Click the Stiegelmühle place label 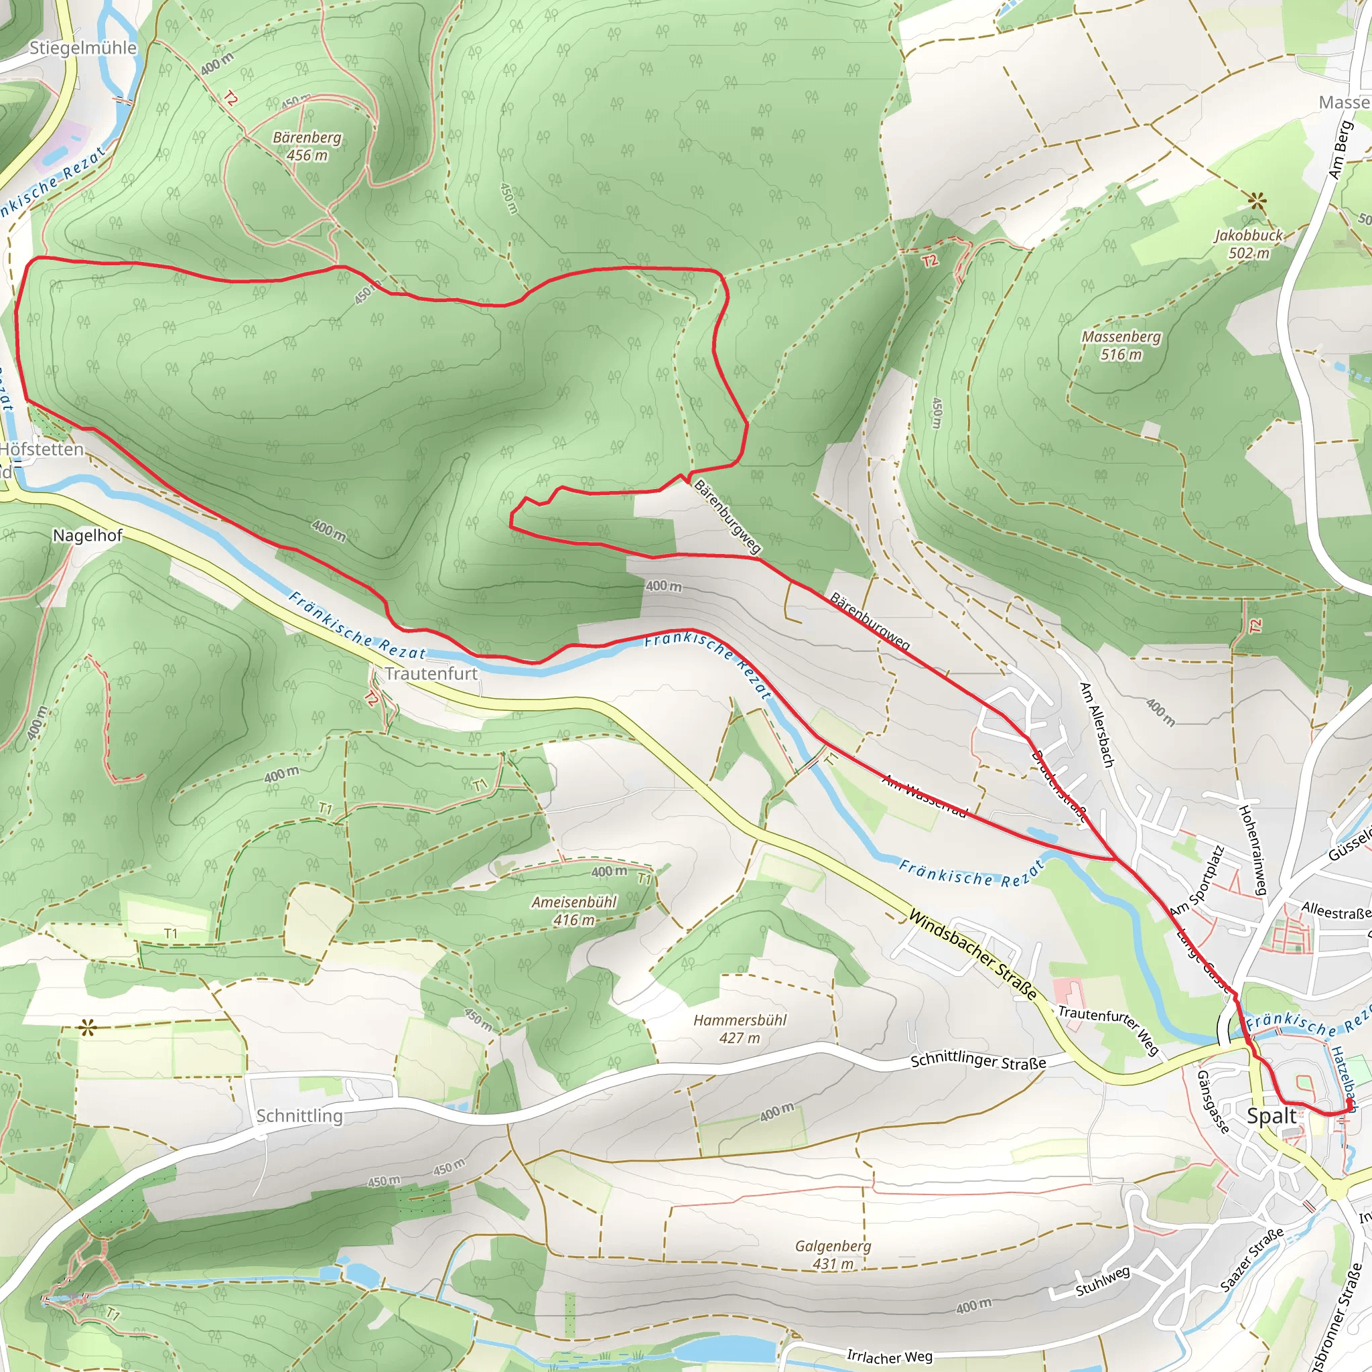82,48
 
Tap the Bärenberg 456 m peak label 307,146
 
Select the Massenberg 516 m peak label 1121,345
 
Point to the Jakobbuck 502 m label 1249,244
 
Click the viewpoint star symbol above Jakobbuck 1257,202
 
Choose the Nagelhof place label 87,535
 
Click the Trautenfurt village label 431,673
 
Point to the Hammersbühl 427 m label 740,1029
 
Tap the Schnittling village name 299,1115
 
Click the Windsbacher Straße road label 972,956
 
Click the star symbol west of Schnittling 87,1028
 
